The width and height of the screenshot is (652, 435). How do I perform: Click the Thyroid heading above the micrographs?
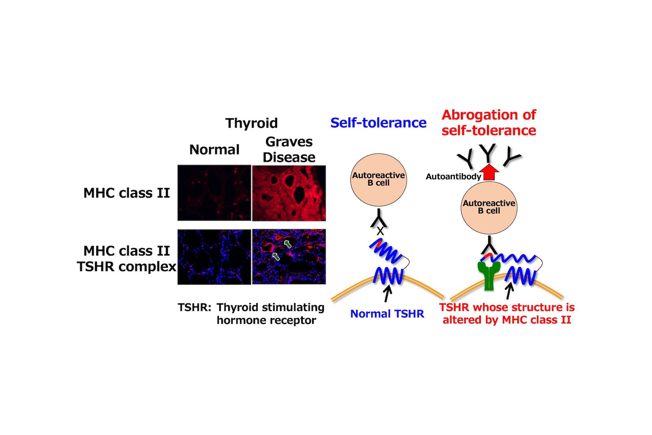[251, 123]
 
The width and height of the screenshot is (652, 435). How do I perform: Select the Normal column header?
[214, 150]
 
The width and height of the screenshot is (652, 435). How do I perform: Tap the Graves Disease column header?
[289, 150]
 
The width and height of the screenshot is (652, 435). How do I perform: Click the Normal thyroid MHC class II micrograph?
[214, 193]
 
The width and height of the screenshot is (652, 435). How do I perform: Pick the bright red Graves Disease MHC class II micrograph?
[289, 193]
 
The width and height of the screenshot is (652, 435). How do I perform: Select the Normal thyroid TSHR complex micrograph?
[214, 257]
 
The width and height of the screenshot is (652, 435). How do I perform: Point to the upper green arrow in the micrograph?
[288, 244]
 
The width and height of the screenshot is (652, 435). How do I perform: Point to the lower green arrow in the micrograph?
[276, 256]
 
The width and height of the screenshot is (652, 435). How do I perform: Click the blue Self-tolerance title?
[378, 123]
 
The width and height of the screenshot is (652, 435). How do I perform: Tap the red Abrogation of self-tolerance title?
[489, 123]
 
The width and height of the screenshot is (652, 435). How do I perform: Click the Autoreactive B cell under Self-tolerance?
[379, 179]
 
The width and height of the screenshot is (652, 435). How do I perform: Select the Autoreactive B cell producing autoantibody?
[489, 207]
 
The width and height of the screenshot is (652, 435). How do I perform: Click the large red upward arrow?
[489, 172]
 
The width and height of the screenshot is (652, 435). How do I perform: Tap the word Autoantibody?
[453, 177]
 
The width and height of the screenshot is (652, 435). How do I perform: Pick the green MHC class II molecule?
[489, 275]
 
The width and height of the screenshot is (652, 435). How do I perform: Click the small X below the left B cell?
[380, 231]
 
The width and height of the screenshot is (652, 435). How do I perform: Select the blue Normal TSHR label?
[387, 314]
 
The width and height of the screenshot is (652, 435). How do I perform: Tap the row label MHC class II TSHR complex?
[126, 258]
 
